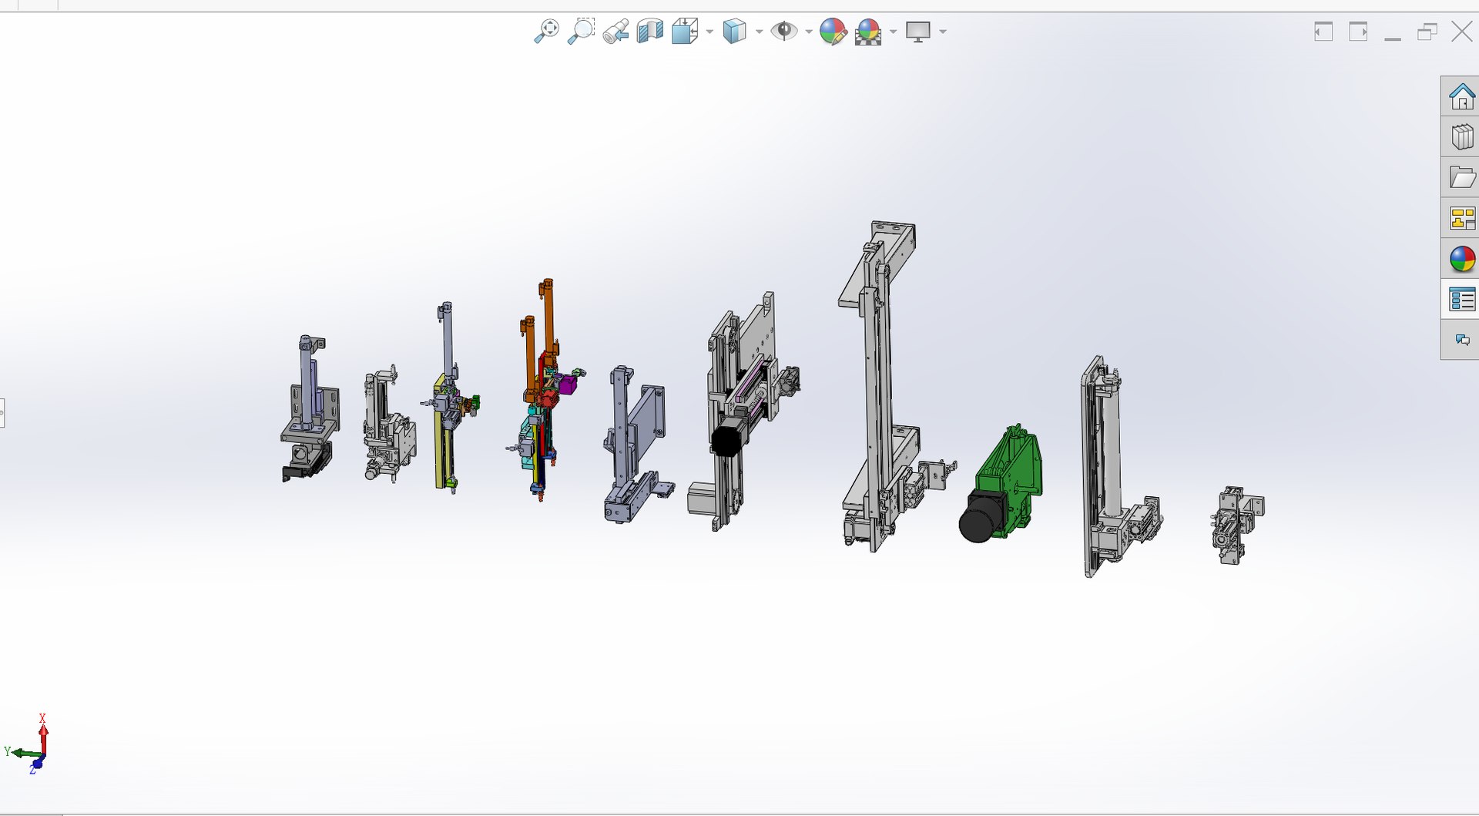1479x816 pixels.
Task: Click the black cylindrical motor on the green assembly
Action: tap(977, 520)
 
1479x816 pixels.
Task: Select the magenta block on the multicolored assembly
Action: tap(568, 384)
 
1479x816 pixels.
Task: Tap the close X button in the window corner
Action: tap(1461, 32)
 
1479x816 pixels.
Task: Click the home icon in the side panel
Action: tap(1461, 97)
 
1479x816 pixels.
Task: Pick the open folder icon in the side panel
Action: tap(1461, 178)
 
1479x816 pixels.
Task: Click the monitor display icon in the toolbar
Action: tap(917, 32)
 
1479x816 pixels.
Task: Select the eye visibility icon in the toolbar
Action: tap(784, 32)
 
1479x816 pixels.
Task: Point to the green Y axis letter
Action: tap(8, 751)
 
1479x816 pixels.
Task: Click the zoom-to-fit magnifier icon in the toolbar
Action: tap(546, 32)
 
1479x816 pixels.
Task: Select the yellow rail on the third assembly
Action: tap(439, 432)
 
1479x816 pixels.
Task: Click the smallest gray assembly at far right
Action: tap(1236, 524)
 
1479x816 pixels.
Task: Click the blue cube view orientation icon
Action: tap(734, 32)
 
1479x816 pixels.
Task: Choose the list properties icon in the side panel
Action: tap(1461, 299)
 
